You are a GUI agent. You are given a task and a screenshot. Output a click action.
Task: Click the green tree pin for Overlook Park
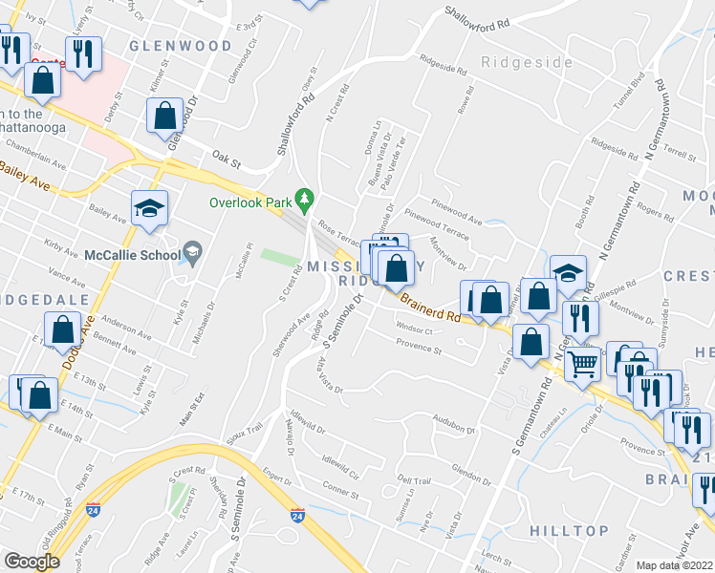tap(305, 199)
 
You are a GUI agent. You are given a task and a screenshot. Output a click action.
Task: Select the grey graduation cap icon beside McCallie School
tap(192, 253)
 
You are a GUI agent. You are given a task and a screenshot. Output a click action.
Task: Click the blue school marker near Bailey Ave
tap(148, 209)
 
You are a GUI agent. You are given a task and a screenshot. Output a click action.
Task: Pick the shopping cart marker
tap(582, 363)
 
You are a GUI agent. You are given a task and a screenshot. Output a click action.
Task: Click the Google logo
tap(32, 562)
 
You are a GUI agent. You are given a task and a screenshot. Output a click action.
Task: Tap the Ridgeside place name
tap(527, 63)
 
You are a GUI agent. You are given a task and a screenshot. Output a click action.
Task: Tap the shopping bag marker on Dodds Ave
tap(62, 331)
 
